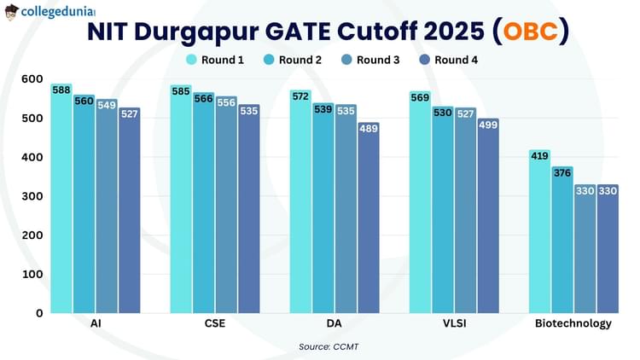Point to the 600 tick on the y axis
(32, 78)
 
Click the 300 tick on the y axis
(32, 196)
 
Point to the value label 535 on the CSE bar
(248, 111)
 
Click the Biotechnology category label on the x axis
(573, 324)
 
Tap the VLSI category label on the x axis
(454, 324)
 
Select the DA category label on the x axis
(334, 324)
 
